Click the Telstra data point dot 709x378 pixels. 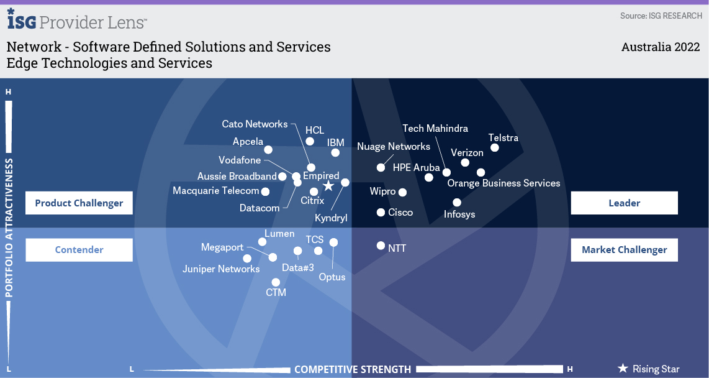(x=495, y=147)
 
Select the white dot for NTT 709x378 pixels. (x=381, y=246)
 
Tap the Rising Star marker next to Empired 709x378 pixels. (x=328, y=186)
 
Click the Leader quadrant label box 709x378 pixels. (x=624, y=203)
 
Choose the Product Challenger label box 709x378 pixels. (x=79, y=203)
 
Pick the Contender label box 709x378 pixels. (x=79, y=250)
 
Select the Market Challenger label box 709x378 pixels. (x=624, y=250)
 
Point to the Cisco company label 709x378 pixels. (x=400, y=213)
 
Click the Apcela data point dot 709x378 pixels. (x=268, y=150)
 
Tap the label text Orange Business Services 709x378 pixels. (x=504, y=183)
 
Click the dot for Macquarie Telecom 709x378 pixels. (x=266, y=191)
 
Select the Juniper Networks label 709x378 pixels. (x=221, y=269)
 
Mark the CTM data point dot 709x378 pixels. (x=276, y=282)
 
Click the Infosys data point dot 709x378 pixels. (x=457, y=202)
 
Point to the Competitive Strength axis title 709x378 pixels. (x=353, y=369)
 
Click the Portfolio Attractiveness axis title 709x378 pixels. (x=9, y=228)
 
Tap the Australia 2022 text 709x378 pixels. (x=661, y=47)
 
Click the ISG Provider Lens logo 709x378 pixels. (x=77, y=21)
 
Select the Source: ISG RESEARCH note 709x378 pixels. (x=661, y=16)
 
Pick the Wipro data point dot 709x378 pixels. (x=402, y=193)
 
